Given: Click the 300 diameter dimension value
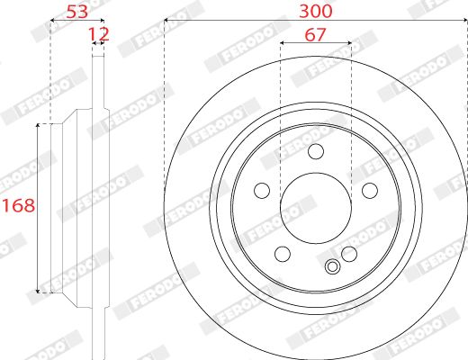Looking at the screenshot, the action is point(316,12).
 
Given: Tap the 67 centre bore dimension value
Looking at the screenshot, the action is point(315,35).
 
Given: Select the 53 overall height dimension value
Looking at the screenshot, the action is point(77,12).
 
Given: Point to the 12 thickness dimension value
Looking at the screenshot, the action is point(98,34).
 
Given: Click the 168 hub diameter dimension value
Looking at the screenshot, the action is point(19,206).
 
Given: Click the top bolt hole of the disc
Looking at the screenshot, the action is point(316,151).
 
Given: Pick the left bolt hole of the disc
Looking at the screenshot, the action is point(262,191).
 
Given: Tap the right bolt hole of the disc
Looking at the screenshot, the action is point(370,191).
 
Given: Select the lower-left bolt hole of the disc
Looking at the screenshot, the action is point(283,254).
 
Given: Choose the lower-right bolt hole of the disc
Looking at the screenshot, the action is point(349,254).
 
